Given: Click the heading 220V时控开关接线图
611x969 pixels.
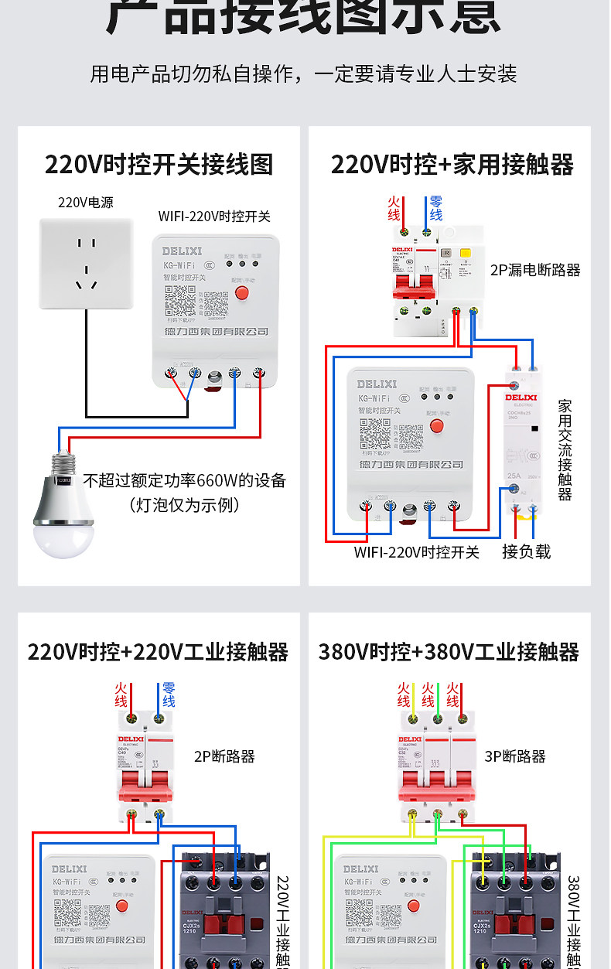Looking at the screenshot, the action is point(159,165).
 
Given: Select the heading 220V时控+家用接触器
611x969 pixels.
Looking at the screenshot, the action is point(452,165).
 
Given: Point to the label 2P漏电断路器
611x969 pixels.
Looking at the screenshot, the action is point(535,270).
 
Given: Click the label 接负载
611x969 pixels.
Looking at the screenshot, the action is point(526,551).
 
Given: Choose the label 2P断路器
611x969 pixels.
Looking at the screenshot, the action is point(224,756).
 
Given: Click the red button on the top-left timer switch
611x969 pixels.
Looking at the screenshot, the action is point(241,293).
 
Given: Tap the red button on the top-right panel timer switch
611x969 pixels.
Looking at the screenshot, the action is point(436,426).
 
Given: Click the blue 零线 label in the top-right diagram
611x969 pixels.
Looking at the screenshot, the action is point(435,208).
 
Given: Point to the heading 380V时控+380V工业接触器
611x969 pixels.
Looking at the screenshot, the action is point(449,652).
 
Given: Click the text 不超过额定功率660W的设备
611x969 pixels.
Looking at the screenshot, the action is point(185,481).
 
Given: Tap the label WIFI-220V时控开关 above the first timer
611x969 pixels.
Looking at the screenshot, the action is point(214,217).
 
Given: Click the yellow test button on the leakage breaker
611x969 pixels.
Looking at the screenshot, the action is point(466,253).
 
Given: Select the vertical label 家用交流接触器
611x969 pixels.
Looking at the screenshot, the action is point(565,450).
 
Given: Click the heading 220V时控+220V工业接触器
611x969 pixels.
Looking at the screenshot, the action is point(158,652).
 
